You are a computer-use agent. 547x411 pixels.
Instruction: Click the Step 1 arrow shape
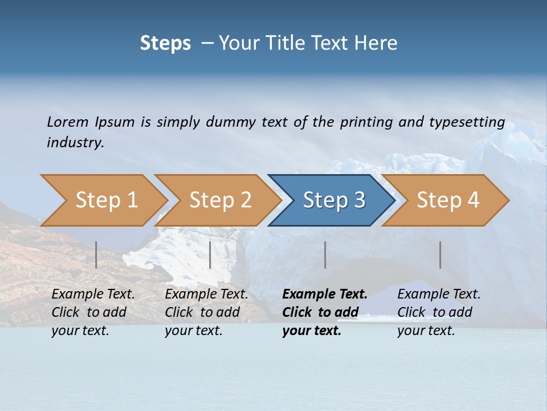[106, 200]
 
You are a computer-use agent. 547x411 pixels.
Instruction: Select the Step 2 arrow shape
[220, 200]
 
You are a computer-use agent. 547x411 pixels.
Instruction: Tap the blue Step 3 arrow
[333, 200]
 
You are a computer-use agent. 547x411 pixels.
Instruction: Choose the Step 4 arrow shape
[447, 200]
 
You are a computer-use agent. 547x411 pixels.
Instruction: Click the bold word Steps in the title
[165, 43]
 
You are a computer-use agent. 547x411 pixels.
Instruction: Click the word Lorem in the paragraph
[68, 122]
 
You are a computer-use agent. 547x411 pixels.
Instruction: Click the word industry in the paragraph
[75, 142]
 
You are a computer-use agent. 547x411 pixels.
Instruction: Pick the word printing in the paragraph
[366, 122]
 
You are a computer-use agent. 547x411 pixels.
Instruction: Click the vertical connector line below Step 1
[96, 255]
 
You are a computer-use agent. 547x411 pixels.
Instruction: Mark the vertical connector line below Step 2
[210, 255]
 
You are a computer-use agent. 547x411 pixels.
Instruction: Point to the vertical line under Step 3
[325, 255]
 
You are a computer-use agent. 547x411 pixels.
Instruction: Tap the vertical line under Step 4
[440, 255]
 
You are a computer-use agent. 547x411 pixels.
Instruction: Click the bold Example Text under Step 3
[325, 295]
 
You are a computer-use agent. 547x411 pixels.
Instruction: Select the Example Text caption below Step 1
[93, 295]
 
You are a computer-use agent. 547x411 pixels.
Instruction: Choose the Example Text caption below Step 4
[439, 295]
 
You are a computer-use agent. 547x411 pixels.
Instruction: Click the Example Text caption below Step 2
[206, 295]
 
